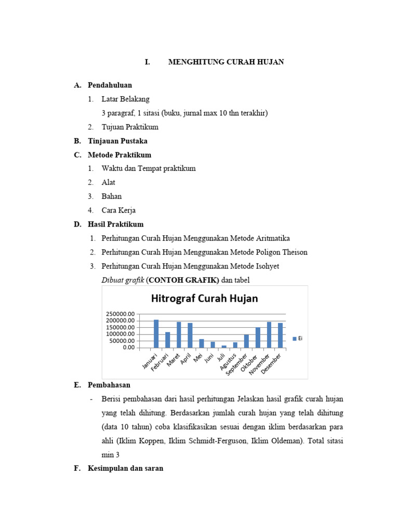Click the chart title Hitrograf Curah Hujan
coord(204,299)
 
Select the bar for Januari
coord(156,334)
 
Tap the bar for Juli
coord(224,347)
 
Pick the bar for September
coord(246,341)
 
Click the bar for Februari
coord(167,340)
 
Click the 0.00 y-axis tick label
coord(127,348)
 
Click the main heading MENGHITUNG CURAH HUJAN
coord(226,62)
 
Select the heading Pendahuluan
coord(110,85)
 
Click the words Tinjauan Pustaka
coord(117,141)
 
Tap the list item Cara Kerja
coord(118,210)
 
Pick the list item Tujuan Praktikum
coord(130,127)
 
